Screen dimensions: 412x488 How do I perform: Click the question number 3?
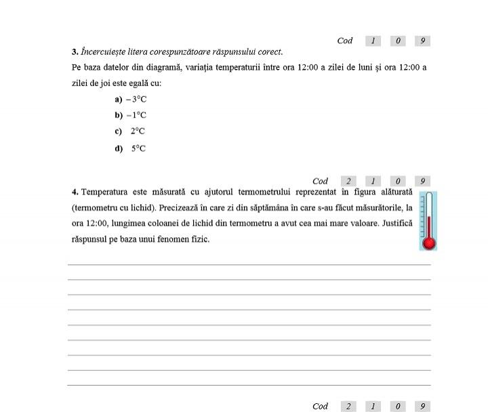pos(74,52)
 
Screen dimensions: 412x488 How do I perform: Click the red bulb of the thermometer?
pos(428,243)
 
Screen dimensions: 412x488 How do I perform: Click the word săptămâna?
pos(274,207)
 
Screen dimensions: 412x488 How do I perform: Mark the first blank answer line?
pos(249,264)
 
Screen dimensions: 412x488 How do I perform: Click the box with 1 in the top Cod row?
pos(373,41)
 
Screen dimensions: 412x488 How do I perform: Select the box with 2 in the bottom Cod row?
pos(348,407)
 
